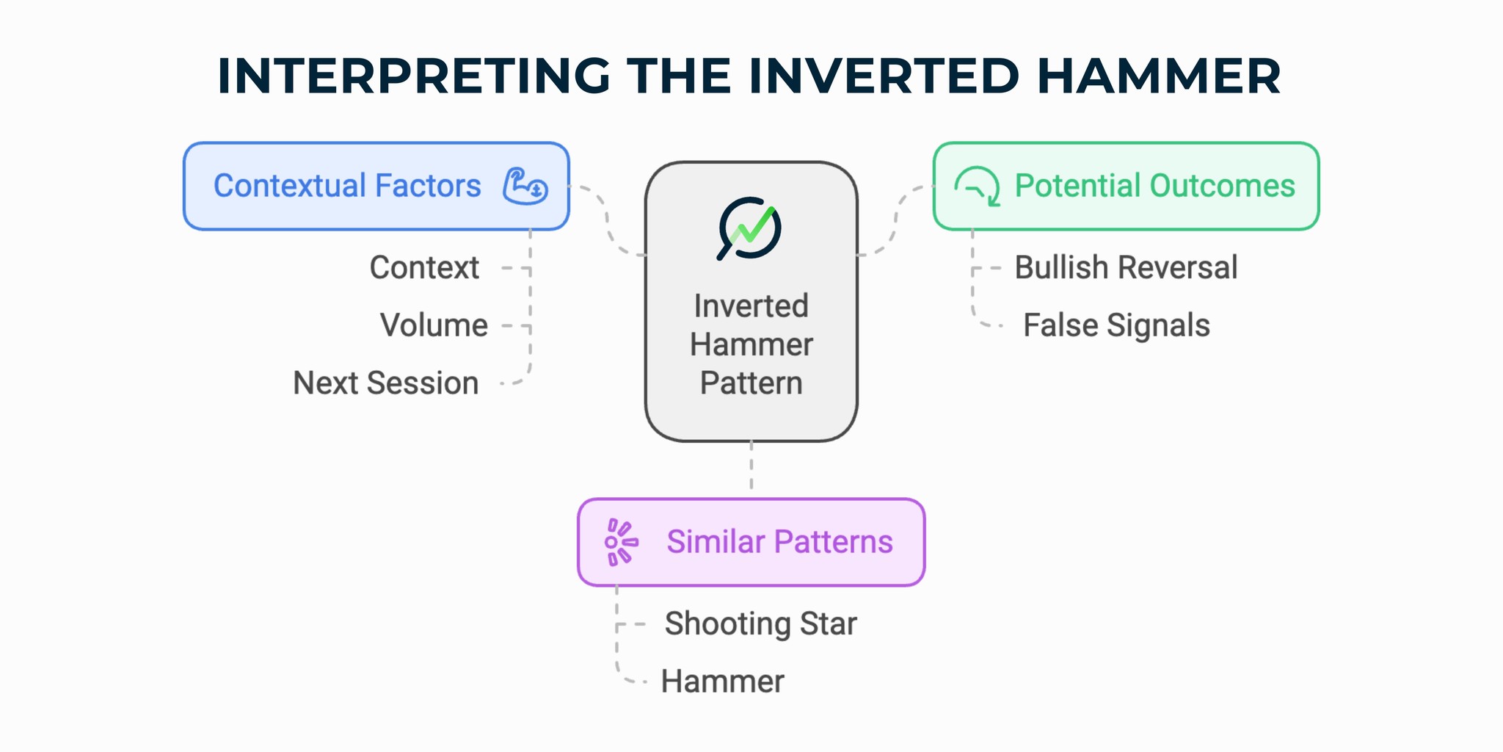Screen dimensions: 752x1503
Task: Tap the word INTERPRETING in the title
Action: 413,76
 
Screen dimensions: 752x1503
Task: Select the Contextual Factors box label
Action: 347,186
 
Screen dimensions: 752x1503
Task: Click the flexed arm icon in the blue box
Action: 525,187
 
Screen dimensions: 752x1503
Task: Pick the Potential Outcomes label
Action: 1154,186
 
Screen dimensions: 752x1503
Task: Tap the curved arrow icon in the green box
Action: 978,187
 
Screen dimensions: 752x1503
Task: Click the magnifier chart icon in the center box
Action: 749,228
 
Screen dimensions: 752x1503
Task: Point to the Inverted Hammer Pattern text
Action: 751,344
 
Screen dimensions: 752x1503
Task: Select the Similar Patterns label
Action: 779,542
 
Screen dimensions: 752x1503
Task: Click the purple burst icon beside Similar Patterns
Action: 620,543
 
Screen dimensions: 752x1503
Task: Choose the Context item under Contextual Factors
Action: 424,267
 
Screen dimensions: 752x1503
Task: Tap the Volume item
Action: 434,325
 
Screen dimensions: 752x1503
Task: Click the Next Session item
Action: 386,383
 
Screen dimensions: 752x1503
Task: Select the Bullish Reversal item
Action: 1126,267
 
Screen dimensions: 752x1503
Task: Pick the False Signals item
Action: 1116,325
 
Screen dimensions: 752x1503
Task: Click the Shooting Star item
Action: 760,623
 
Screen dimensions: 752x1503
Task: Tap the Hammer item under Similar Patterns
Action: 722,681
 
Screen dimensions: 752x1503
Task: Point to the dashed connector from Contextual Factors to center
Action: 608,220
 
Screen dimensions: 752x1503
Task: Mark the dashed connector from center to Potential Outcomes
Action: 895,220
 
